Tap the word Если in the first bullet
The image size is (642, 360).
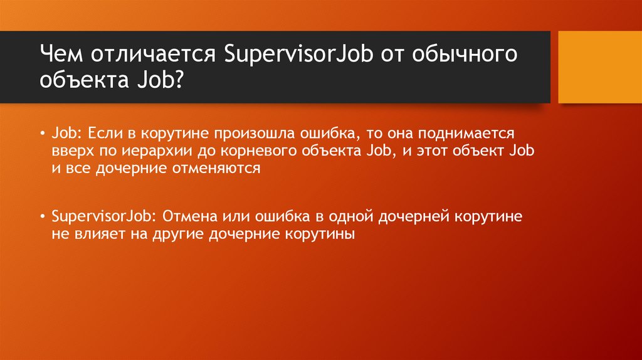tap(103, 134)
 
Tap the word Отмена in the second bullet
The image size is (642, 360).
tap(189, 217)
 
